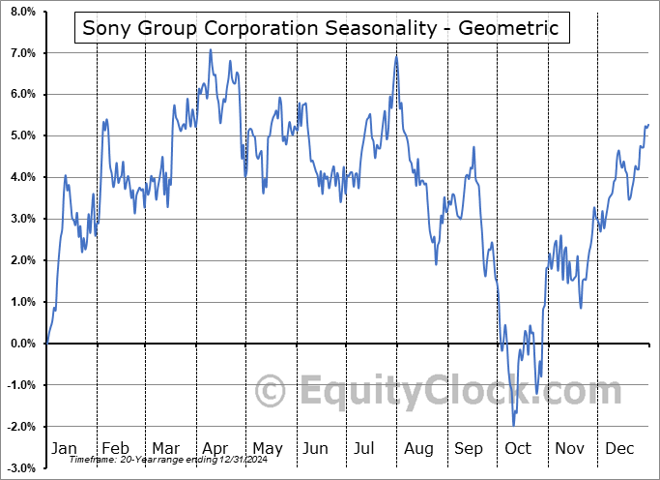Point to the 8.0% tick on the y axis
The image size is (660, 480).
21,12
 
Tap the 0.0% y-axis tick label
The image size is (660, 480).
21,344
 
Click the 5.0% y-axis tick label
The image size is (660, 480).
21,136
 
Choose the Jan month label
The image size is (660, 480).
64,448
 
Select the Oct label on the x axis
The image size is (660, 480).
519,448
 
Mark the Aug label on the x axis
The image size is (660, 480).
418,448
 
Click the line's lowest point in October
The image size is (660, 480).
513,425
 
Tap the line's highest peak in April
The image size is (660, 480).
211,49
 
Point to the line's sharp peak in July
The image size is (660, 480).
396,56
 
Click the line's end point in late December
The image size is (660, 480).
648,124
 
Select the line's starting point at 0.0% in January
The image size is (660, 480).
46,344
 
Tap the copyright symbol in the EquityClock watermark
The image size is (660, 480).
272,392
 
